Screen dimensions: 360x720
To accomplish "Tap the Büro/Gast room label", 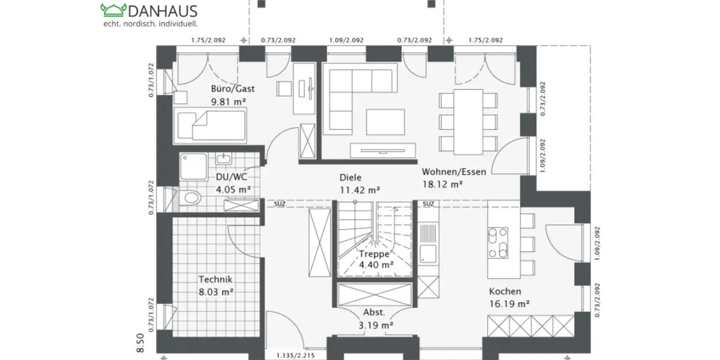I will [x=233, y=89].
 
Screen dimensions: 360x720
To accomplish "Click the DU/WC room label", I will [x=232, y=177].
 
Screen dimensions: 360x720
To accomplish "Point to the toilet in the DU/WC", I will [x=190, y=198].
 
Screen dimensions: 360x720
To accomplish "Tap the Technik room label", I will [x=215, y=279].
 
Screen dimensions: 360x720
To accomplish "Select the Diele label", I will [x=351, y=178].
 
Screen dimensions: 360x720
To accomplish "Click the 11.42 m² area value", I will [x=359, y=190].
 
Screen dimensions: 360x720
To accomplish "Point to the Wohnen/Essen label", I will [x=454, y=172].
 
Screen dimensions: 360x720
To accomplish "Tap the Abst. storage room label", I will [x=374, y=312].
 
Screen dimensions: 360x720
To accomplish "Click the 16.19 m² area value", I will [x=509, y=304].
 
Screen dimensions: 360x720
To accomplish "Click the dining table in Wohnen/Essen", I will [x=469, y=121].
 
